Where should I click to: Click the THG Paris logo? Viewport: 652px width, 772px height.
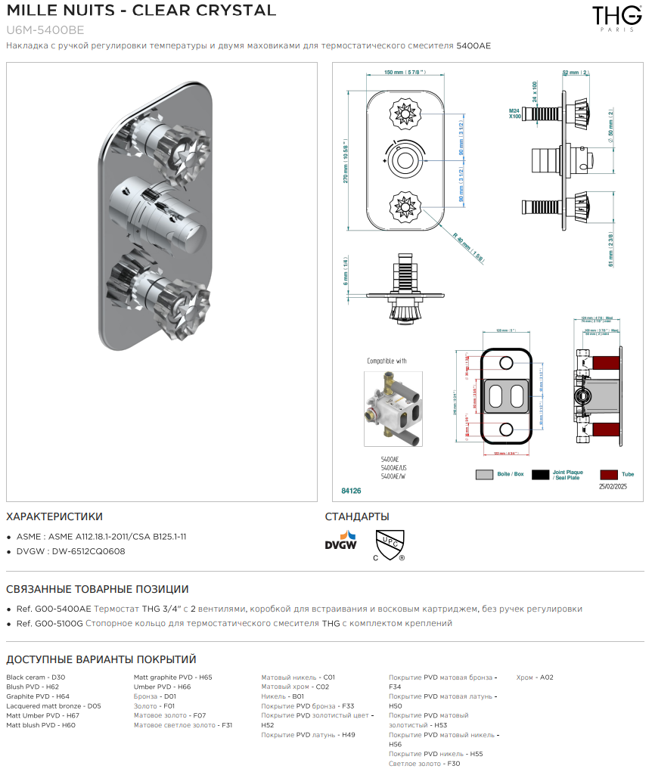tap(606, 17)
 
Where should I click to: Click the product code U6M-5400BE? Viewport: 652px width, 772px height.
tap(45, 30)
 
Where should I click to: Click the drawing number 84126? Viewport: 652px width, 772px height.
tap(351, 491)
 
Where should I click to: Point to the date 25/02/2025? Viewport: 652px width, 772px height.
tap(613, 488)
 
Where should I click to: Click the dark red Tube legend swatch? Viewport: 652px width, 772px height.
tap(609, 474)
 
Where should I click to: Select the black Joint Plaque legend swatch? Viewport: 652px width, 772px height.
tap(540, 474)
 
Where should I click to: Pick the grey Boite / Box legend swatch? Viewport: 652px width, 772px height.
tap(484, 474)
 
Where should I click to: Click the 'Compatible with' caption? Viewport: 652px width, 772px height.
tap(387, 361)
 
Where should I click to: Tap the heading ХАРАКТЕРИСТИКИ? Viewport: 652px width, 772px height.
tap(54, 517)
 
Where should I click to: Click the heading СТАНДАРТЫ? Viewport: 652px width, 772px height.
tap(357, 517)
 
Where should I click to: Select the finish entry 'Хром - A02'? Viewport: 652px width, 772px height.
tap(535, 677)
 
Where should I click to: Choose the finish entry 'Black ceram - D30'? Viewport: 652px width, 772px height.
tap(36, 677)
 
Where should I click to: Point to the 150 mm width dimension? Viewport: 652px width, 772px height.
tap(403, 73)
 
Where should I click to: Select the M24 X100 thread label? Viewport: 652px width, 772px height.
tap(514, 114)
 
